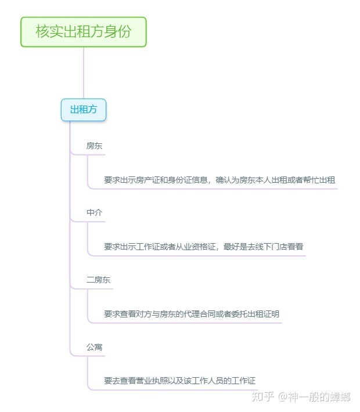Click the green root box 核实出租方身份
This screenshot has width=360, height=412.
click(84, 32)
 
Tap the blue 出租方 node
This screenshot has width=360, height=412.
click(84, 110)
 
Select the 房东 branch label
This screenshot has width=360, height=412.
click(94, 146)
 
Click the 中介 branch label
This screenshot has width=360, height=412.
click(94, 212)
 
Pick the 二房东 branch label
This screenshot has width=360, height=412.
click(98, 280)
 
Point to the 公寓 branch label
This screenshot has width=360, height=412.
click(94, 347)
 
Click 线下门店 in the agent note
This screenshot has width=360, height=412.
click(271, 247)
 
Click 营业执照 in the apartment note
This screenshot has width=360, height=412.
click(152, 381)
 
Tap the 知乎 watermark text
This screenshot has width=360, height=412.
click(262, 396)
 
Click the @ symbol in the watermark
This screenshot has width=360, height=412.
click(282, 397)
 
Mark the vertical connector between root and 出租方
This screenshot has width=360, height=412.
click(84, 73)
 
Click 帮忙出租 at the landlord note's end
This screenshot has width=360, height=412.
click(319, 180)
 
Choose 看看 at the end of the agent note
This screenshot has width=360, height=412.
click(295, 247)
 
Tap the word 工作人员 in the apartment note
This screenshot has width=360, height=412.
click(207, 381)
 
